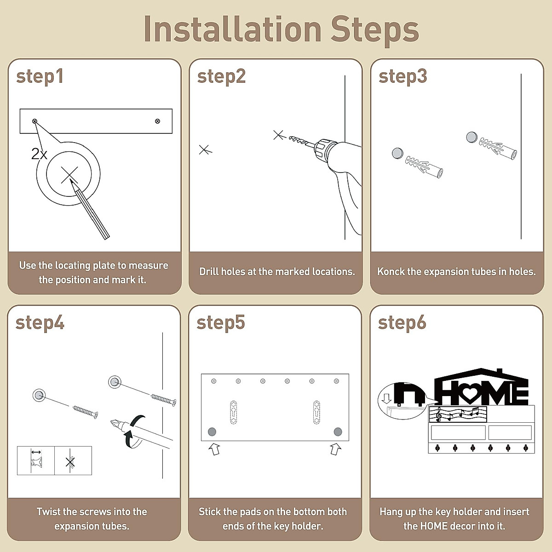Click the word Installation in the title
point(233,29)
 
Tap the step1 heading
point(40,77)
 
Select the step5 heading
point(221,323)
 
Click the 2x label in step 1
point(39,154)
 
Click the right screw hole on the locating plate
point(157,121)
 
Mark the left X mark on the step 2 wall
point(205,150)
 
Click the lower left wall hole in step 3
point(397,154)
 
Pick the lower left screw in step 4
point(86,412)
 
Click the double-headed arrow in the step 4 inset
point(36,452)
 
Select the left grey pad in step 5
point(212,431)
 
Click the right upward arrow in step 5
point(335,449)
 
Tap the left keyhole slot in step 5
point(234,412)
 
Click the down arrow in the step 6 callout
point(387,398)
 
